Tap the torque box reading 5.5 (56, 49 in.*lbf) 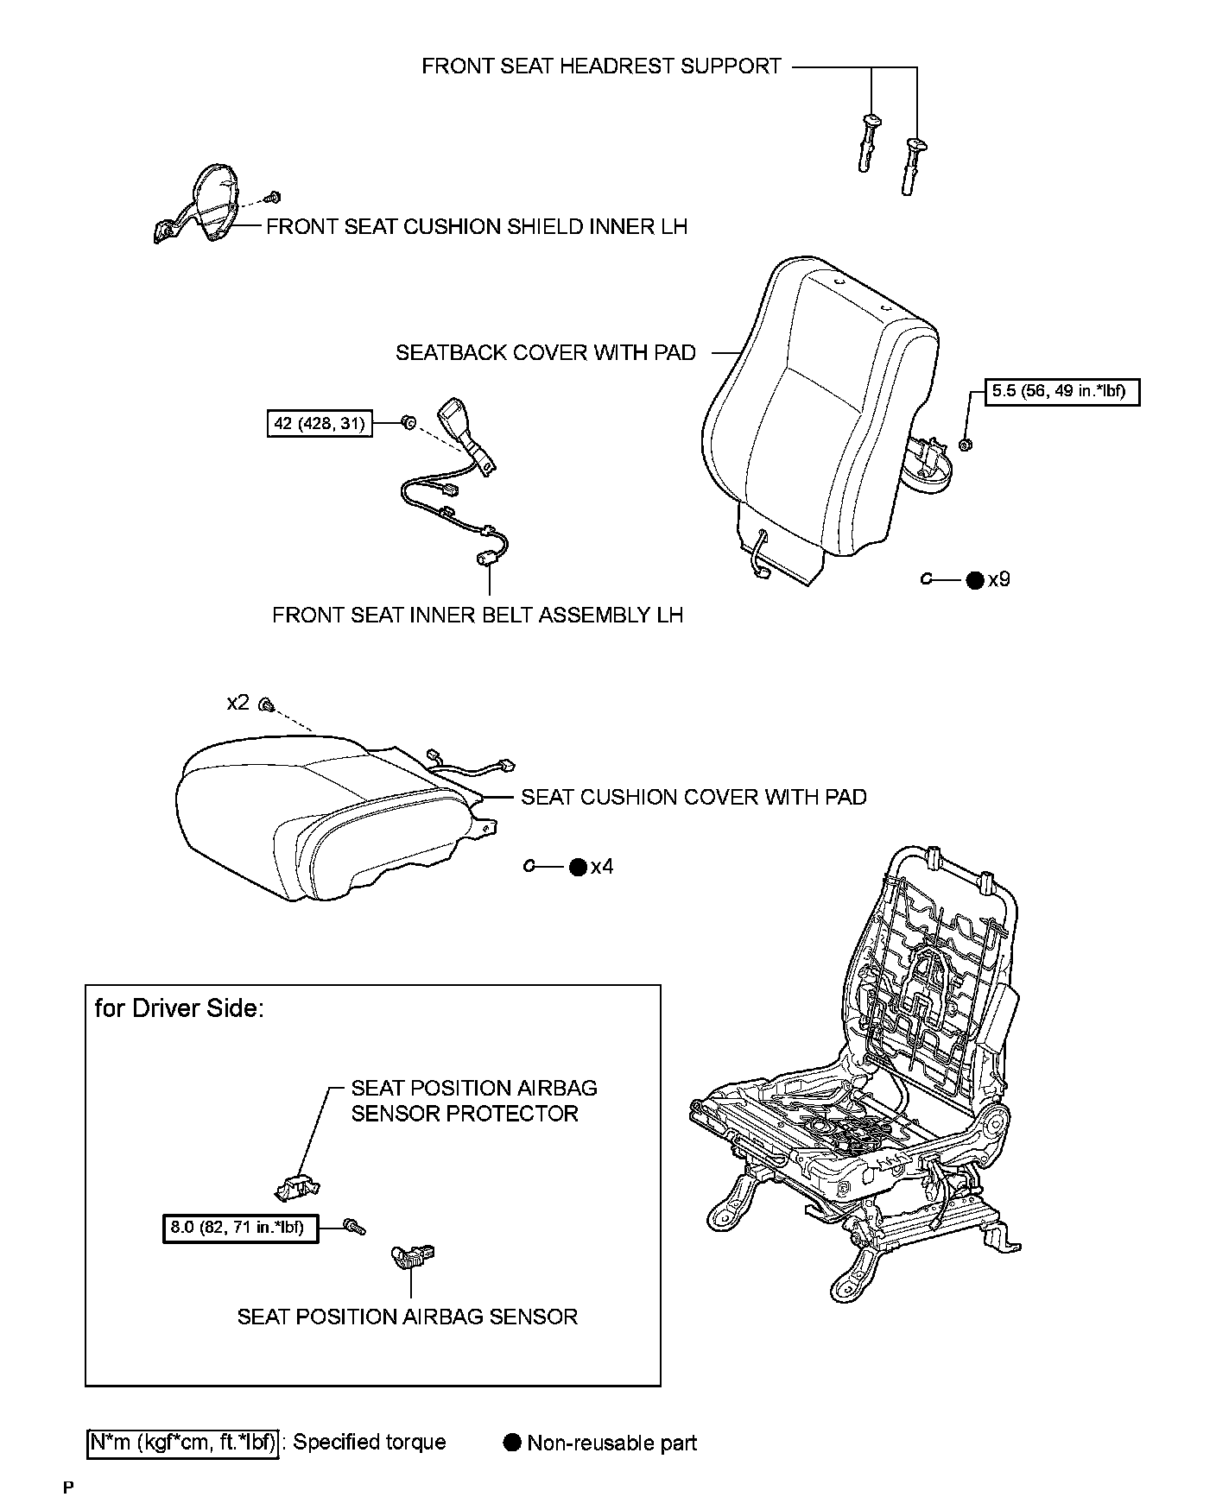pyautogui.click(x=1061, y=392)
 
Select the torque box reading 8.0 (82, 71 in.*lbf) pyautogui.click(x=240, y=1227)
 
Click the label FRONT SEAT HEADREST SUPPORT pyautogui.click(x=601, y=66)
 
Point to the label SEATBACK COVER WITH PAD pyautogui.click(x=545, y=353)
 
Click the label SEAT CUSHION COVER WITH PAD pyautogui.click(x=693, y=797)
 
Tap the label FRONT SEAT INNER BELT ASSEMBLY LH pyautogui.click(x=478, y=616)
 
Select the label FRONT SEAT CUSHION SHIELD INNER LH pyautogui.click(x=477, y=227)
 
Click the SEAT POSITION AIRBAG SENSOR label pyautogui.click(x=407, y=1317)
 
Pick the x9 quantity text pyautogui.click(x=999, y=579)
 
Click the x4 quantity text pyautogui.click(x=602, y=867)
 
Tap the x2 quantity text pyautogui.click(x=237, y=703)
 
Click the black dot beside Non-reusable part pyautogui.click(x=512, y=1443)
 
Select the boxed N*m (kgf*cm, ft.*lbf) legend pyautogui.click(x=183, y=1443)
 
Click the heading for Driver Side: pyautogui.click(x=179, y=1008)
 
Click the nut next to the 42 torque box pyautogui.click(x=409, y=422)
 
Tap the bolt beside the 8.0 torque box pyautogui.click(x=353, y=1225)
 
